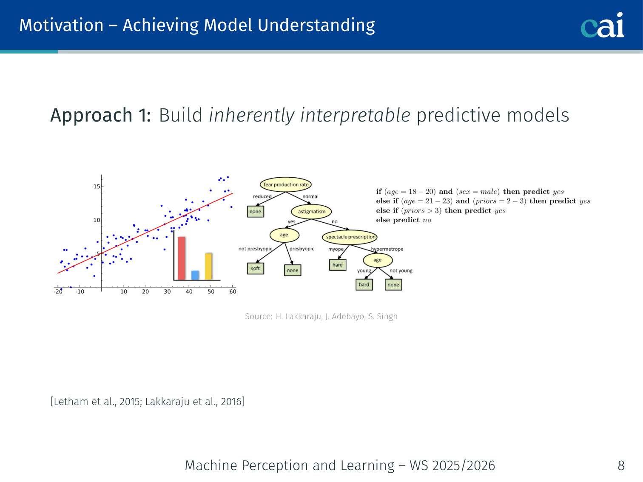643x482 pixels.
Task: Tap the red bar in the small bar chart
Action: pos(182,258)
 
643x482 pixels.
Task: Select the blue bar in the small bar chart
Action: pos(195,275)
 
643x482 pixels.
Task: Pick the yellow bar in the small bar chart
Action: pos(208,267)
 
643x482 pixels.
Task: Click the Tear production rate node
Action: pos(286,184)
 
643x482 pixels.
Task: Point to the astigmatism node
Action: pos(311,212)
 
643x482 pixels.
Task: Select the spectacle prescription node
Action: pos(350,237)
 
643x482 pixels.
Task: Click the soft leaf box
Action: pos(256,268)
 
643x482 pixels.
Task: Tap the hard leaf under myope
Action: pos(338,265)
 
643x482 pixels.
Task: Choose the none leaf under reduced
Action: pos(256,212)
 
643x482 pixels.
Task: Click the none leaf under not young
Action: pos(393,285)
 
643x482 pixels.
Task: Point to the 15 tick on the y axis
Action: pos(97,187)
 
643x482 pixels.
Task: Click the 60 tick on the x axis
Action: pos(233,292)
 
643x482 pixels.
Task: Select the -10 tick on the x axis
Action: pos(80,292)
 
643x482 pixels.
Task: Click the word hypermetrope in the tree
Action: pos(387,249)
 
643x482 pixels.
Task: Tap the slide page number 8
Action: pos(621,465)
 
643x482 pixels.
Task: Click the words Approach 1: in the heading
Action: pos(101,115)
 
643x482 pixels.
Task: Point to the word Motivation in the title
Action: pos(61,25)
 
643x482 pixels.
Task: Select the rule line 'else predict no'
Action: pos(404,220)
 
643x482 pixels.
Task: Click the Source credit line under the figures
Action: pos(321,316)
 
